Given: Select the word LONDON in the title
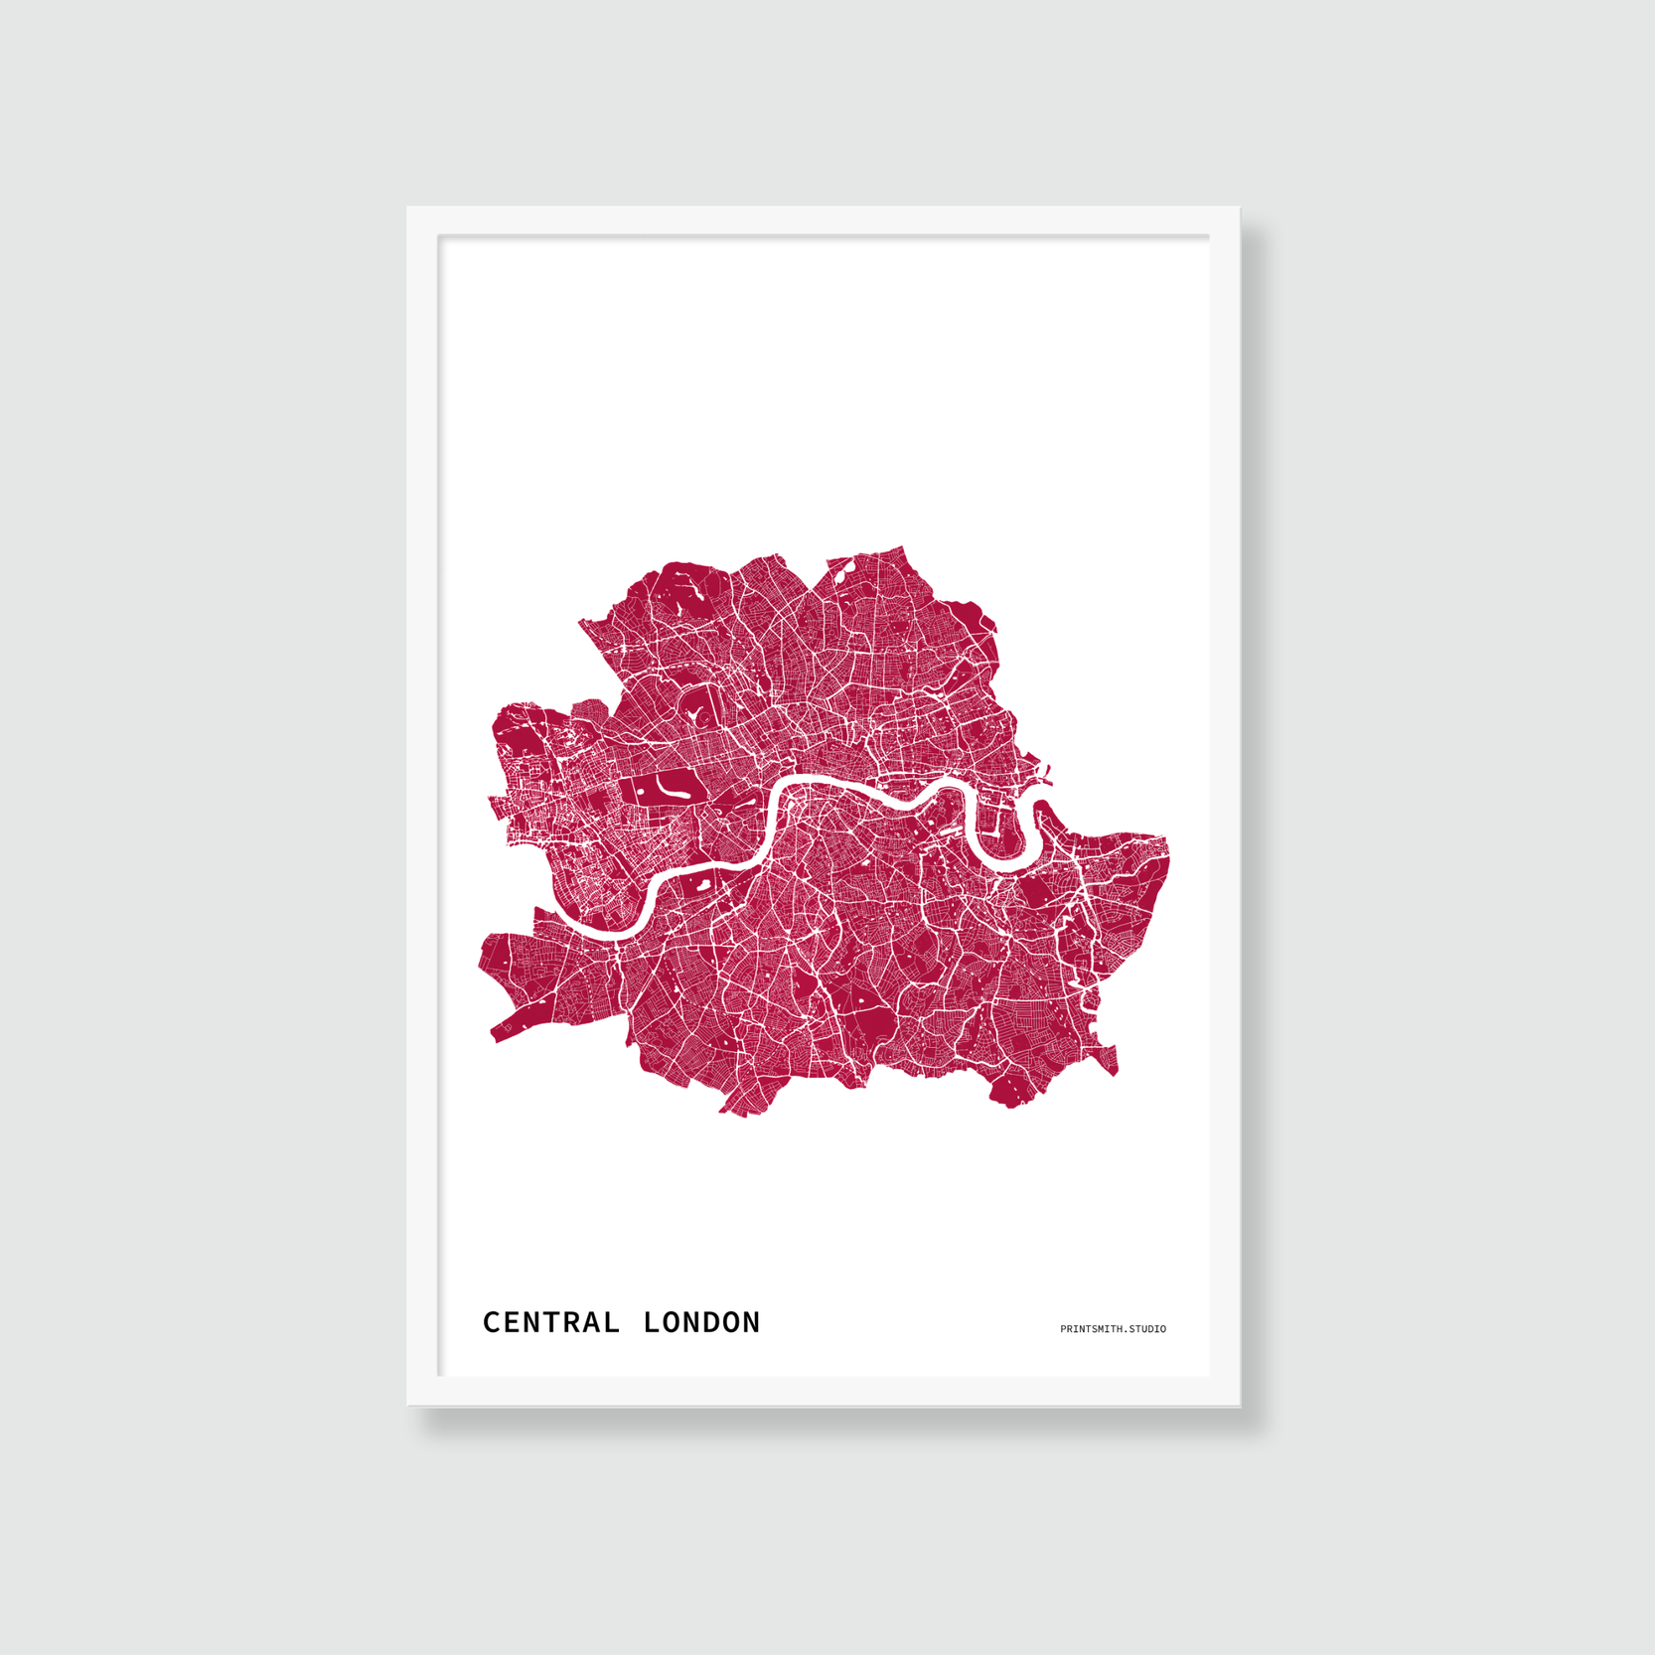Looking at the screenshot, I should coord(701,1322).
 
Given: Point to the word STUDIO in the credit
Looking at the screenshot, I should coord(1147,1329).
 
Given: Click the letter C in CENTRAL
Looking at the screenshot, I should coord(491,1322).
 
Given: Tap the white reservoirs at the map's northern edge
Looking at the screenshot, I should coord(844,570).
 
